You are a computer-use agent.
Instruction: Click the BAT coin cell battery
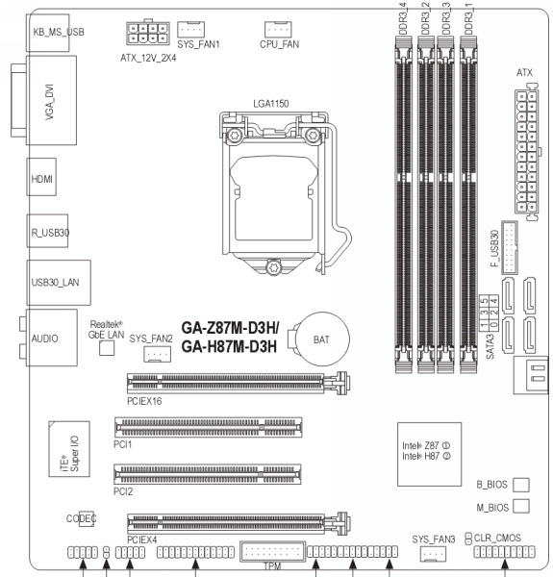pyautogui.click(x=322, y=339)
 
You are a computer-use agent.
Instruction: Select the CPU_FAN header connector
pyautogui.click(x=278, y=29)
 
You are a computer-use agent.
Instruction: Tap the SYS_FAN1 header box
pyautogui.click(x=190, y=29)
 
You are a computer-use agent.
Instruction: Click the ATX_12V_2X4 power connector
pyautogui.click(x=148, y=34)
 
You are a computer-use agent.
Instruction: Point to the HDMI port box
pyautogui.click(x=41, y=177)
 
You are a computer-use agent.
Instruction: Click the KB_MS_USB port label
pyautogui.click(x=59, y=33)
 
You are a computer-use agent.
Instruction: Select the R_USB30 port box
pyautogui.click(x=47, y=231)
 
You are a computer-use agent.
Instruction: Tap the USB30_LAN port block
pyautogui.click(x=59, y=283)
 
